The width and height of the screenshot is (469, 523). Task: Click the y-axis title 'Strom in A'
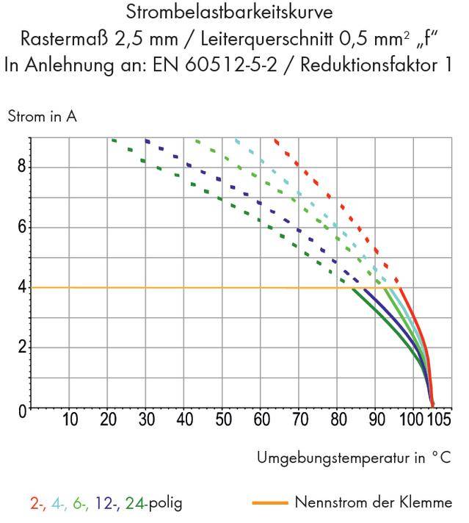coord(42,116)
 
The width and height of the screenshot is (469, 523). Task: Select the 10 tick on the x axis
coord(70,420)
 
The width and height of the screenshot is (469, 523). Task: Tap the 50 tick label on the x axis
coord(222,420)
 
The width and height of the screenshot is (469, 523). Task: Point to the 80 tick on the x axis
coord(337,420)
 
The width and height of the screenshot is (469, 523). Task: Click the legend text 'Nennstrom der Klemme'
coord(373,503)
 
